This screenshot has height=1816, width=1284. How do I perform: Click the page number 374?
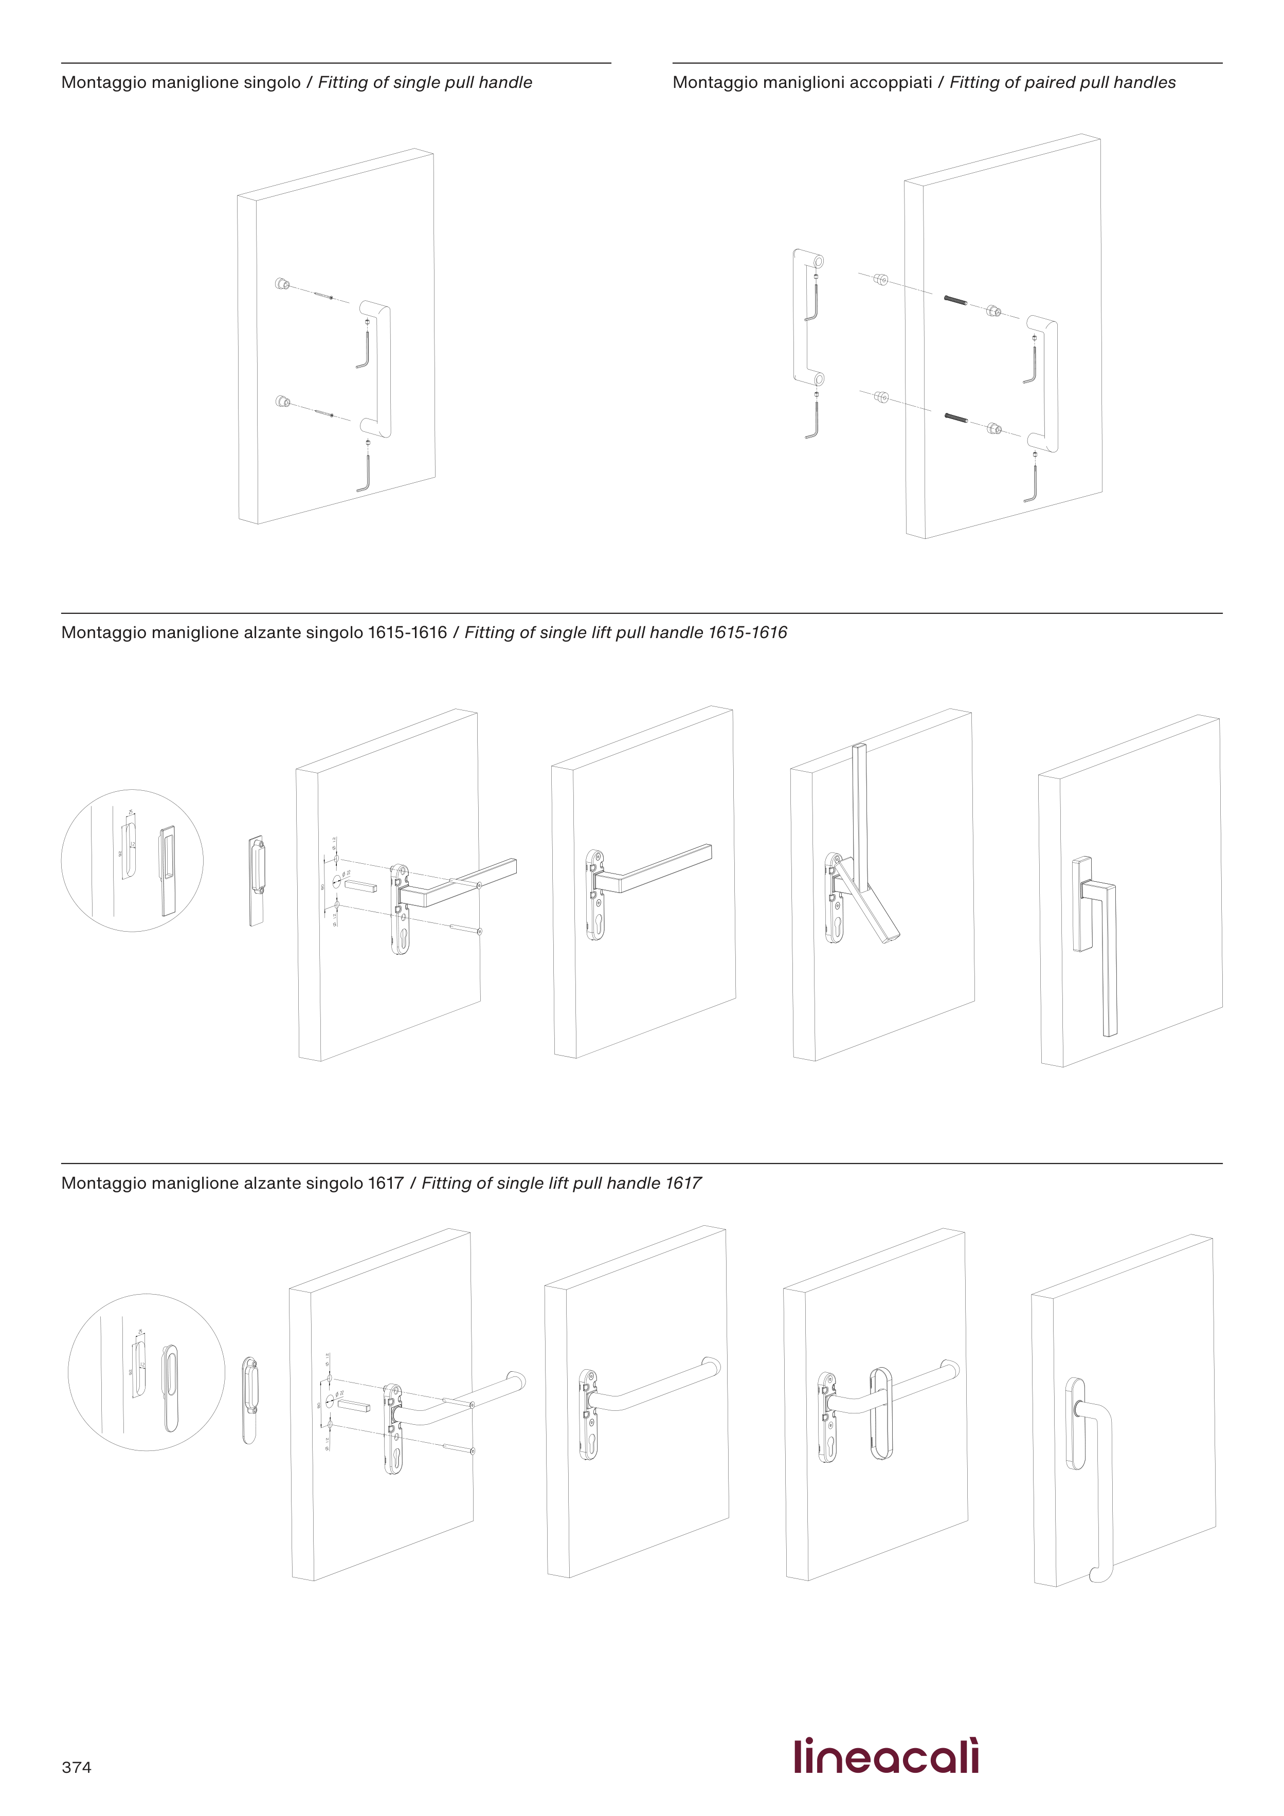pos(76,1768)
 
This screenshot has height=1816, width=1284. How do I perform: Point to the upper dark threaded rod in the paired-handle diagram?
pos(956,301)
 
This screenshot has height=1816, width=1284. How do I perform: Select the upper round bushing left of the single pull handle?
pos(281,283)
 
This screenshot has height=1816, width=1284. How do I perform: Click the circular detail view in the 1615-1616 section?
pos(132,861)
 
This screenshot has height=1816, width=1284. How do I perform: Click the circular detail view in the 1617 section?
pos(147,1372)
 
